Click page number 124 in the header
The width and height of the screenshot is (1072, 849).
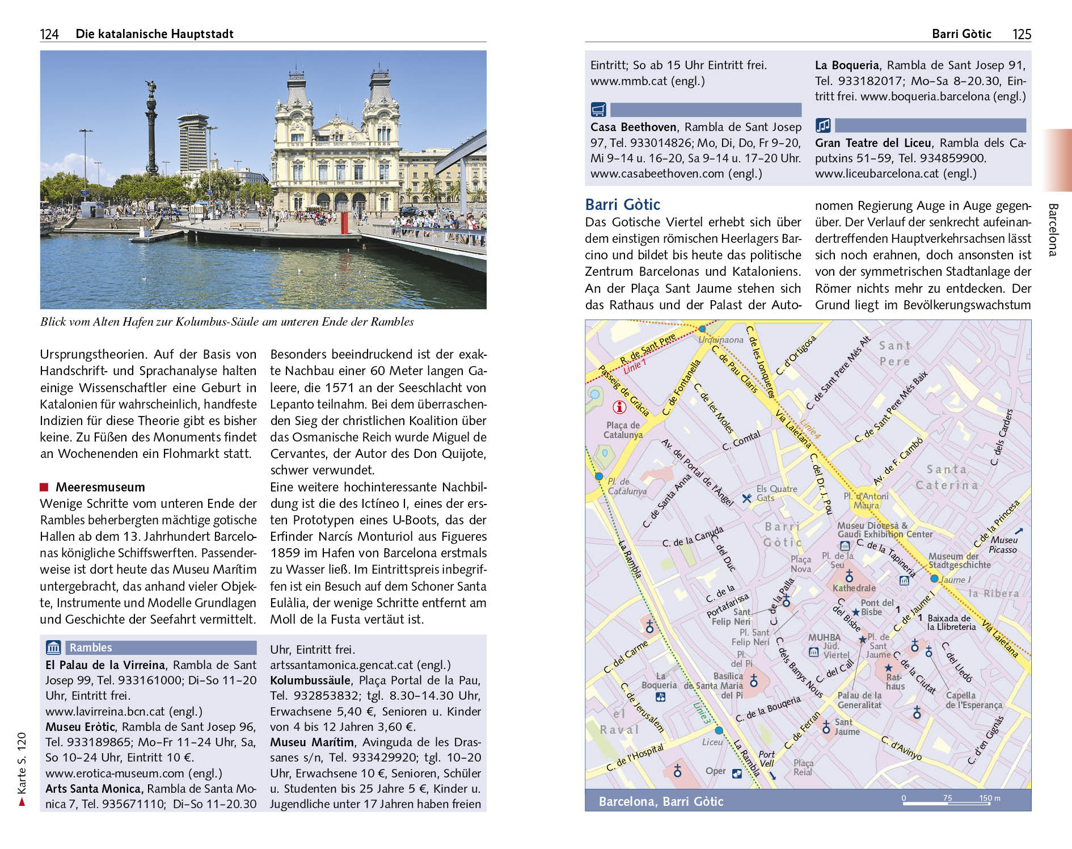(x=49, y=34)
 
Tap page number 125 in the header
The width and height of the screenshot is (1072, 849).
(x=1022, y=34)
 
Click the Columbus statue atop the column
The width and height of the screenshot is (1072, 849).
(x=151, y=88)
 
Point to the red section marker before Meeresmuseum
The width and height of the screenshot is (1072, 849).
(x=44, y=487)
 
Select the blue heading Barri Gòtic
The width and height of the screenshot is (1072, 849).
(x=622, y=204)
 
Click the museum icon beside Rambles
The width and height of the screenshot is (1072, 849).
(x=53, y=647)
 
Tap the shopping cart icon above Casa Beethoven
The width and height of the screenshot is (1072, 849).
(x=598, y=110)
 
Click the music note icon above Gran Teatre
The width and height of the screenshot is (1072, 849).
(x=823, y=125)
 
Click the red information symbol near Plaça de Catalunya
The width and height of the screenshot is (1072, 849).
(x=619, y=407)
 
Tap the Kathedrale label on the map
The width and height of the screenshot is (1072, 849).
(x=854, y=588)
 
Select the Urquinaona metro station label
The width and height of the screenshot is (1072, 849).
(x=720, y=340)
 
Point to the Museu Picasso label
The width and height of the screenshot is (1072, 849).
(x=1003, y=545)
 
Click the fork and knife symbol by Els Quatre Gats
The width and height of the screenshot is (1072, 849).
(x=746, y=498)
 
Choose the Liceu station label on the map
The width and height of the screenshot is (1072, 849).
(x=712, y=742)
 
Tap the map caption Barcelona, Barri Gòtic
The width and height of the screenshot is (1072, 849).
(x=661, y=801)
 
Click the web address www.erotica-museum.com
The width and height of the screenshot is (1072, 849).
(x=117, y=773)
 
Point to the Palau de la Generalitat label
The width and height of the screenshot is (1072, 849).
(x=859, y=700)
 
